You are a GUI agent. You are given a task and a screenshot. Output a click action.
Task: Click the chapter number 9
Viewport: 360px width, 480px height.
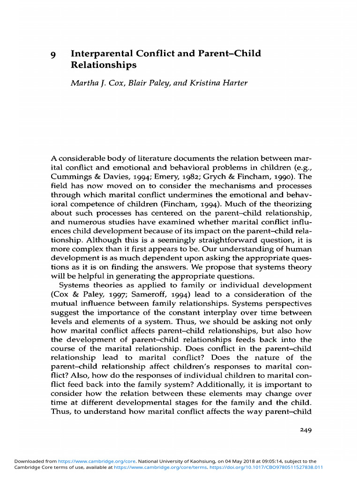tap(53, 54)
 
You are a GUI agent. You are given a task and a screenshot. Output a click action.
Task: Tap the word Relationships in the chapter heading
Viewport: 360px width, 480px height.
tap(104, 65)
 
